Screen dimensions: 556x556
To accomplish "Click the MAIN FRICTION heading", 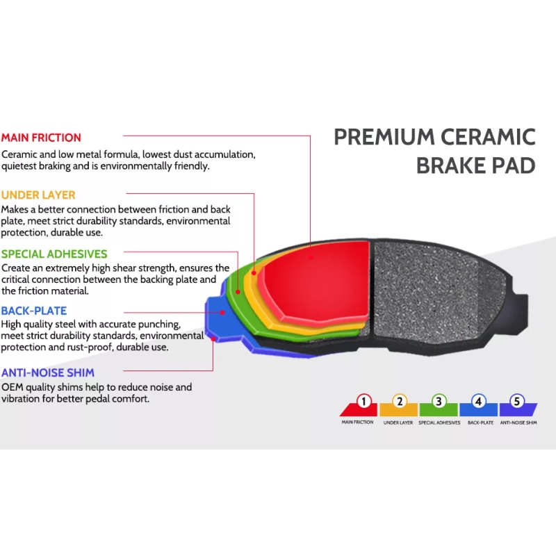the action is click(x=41, y=138).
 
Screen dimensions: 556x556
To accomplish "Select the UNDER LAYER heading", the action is click(x=38, y=195).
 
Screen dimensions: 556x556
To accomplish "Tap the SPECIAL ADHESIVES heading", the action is click(x=54, y=254).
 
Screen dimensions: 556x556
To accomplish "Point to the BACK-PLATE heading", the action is click(x=34, y=311).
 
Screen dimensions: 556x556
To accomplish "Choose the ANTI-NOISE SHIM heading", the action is click(x=48, y=373).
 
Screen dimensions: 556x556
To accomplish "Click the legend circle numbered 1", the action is click(x=364, y=401).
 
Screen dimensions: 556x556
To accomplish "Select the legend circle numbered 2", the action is click(x=400, y=401).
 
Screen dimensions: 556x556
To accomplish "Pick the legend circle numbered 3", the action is click(x=439, y=401).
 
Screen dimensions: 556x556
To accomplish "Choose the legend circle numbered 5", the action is click(x=516, y=401).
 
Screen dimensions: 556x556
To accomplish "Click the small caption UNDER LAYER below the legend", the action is click(x=398, y=423).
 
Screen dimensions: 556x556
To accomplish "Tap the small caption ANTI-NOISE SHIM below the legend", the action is click(x=518, y=423).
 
